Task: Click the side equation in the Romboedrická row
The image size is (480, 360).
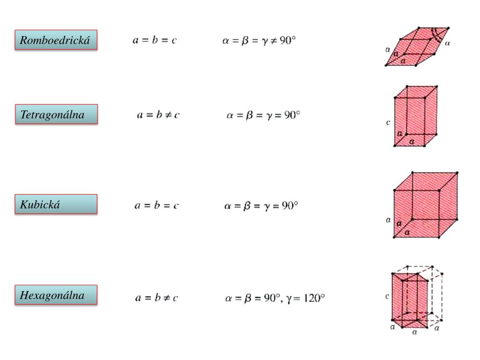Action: [x=154, y=40]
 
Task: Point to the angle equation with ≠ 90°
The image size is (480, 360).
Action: [x=259, y=40]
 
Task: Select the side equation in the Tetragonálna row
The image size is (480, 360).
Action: [x=158, y=115]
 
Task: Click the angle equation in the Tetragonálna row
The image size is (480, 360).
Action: [x=263, y=115]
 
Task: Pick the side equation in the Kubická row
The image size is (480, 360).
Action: [x=157, y=205]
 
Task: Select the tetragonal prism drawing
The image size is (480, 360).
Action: [x=416, y=116]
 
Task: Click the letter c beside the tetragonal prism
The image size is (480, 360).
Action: [x=388, y=123]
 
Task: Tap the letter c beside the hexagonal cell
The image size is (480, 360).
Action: [x=387, y=296]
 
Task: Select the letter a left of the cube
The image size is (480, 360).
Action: [x=388, y=219]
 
